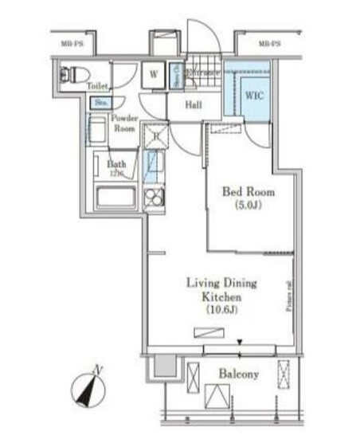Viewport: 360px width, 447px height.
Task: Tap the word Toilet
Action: click(98, 85)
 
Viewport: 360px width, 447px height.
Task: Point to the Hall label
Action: click(194, 104)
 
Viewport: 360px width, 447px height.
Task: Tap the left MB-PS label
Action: click(73, 43)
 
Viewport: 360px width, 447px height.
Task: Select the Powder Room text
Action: click(125, 123)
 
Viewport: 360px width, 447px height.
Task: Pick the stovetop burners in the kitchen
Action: click(154, 196)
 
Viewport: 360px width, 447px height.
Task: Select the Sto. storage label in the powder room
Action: click(100, 103)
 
